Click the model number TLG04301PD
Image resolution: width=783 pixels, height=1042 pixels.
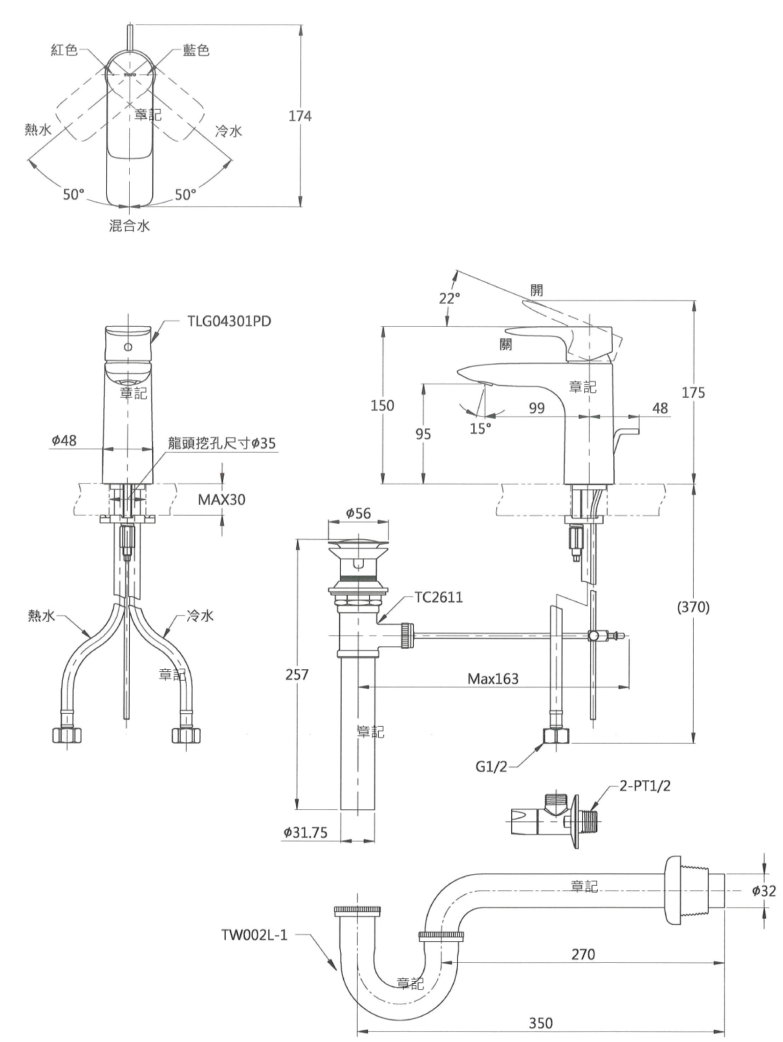(x=229, y=321)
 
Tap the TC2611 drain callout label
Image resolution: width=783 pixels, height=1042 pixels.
(x=438, y=597)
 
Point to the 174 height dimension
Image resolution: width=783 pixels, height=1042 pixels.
(x=300, y=116)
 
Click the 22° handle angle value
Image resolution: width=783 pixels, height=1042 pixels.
(x=449, y=298)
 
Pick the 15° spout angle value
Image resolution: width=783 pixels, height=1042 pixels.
(x=481, y=428)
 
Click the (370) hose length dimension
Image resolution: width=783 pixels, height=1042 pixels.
(x=693, y=607)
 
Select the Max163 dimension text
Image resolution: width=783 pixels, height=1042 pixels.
(x=493, y=679)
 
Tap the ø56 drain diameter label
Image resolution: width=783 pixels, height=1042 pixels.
(x=358, y=513)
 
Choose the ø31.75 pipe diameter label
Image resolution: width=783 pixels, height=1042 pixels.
(x=306, y=833)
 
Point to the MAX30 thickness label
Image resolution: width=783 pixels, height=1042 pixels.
(x=222, y=499)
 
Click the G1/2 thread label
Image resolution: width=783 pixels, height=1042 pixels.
(x=492, y=766)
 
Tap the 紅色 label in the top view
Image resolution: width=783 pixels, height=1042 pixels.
(x=64, y=50)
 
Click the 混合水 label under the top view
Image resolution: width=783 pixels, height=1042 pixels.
(x=129, y=225)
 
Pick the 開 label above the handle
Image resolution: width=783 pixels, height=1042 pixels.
(x=537, y=290)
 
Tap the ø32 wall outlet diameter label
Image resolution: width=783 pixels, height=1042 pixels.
(x=763, y=890)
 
